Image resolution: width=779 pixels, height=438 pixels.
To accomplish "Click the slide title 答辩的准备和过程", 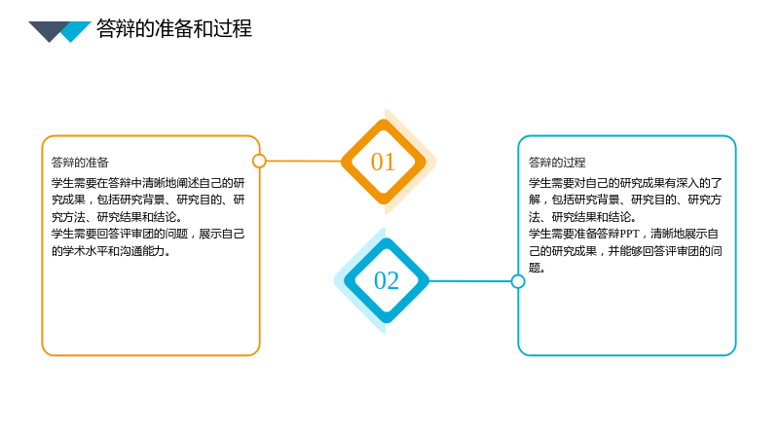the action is pyautogui.click(x=174, y=28).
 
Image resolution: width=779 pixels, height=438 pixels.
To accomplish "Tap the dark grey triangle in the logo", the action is pyautogui.click(x=50, y=29).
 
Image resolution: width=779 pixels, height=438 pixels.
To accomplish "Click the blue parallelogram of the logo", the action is pyautogui.click(x=76, y=31).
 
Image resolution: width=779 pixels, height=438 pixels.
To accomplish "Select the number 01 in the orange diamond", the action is pyautogui.click(x=383, y=162).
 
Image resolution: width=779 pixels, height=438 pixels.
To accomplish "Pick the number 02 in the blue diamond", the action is pyautogui.click(x=386, y=280).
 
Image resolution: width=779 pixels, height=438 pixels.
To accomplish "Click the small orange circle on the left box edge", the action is pyautogui.click(x=259, y=161).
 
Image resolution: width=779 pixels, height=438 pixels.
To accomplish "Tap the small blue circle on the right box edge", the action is pyautogui.click(x=518, y=281).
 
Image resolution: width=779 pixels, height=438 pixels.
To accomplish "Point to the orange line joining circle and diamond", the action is pyautogui.click(x=304, y=161).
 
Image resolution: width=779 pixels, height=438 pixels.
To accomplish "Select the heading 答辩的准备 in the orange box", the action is pyautogui.click(x=80, y=163).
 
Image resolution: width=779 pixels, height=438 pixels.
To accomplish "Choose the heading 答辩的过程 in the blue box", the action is pyautogui.click(x=557, y=163).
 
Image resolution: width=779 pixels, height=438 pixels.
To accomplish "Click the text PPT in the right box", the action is pyautogui.click(x=629, y=234).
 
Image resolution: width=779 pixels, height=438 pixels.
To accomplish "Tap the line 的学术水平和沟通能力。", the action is pyautogui.click(x=111, y=251).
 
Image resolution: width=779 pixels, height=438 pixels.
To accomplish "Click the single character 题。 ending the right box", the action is pyautogui.click(x=538, y=269).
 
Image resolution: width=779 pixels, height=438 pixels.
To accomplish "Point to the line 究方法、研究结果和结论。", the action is pyautogui.click(x=117, y=217).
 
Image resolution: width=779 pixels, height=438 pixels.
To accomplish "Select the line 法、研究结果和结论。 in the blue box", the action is pyautogui.click(x=582, y=217).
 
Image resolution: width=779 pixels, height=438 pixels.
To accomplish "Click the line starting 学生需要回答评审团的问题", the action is pyautogui.click(x=148, y=234).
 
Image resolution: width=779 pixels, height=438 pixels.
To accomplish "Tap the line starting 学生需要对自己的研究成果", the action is pyautogui.click(x=625, y=183).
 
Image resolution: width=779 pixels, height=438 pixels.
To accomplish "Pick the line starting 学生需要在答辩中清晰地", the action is pyautogui.click(x=148, y=183).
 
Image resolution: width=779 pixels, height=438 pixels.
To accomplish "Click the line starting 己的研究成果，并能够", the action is pyautogui.click(x=625, y=251).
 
